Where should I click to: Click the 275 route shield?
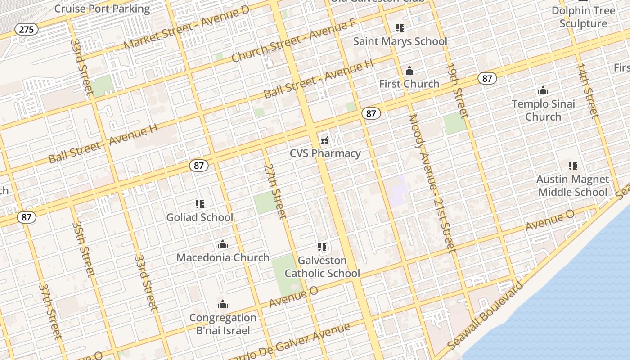[27, 30]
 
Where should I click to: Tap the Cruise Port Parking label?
[102, 9]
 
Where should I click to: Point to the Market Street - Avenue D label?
[186, 28]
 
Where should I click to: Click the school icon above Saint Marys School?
[400, 28]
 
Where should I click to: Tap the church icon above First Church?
[409, 71]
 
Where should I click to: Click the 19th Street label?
[457, 90]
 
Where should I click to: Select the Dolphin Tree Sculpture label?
[583, 17]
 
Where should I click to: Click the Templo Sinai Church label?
[543, 110]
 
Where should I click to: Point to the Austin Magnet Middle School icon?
[573, 166]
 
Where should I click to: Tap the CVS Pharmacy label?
[325, 153]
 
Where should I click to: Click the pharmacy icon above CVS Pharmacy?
[325, 140]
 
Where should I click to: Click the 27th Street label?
[275, 191]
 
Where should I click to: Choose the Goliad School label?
[200, 217]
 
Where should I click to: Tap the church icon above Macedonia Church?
[223, 245]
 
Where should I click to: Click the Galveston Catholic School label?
[322, 267]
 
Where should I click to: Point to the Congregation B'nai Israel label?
[223, 324]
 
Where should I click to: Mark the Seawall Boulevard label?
[486, 315]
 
